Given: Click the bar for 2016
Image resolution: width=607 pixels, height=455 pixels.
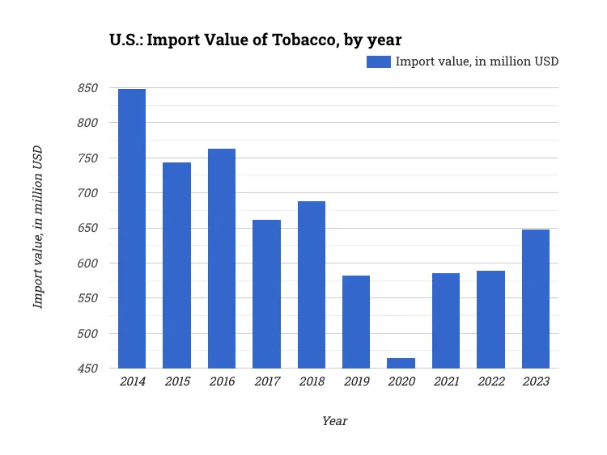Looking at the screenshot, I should tap(222, 259).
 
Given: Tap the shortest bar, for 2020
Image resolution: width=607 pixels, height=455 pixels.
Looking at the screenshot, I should tap(401, 363).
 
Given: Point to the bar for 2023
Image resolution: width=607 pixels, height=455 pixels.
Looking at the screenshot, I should tap(535, 299).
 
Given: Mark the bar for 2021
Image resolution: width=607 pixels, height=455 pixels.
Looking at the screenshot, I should tap(446, 321).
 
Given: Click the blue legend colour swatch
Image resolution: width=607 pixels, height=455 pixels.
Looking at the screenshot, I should tap(379, 61).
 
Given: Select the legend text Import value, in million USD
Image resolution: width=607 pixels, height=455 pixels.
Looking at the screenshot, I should tap(477, 61).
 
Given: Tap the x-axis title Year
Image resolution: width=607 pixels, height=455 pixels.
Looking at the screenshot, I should tap(334, 421).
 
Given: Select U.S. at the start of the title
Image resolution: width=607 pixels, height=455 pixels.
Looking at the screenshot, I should tap(126, 39).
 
